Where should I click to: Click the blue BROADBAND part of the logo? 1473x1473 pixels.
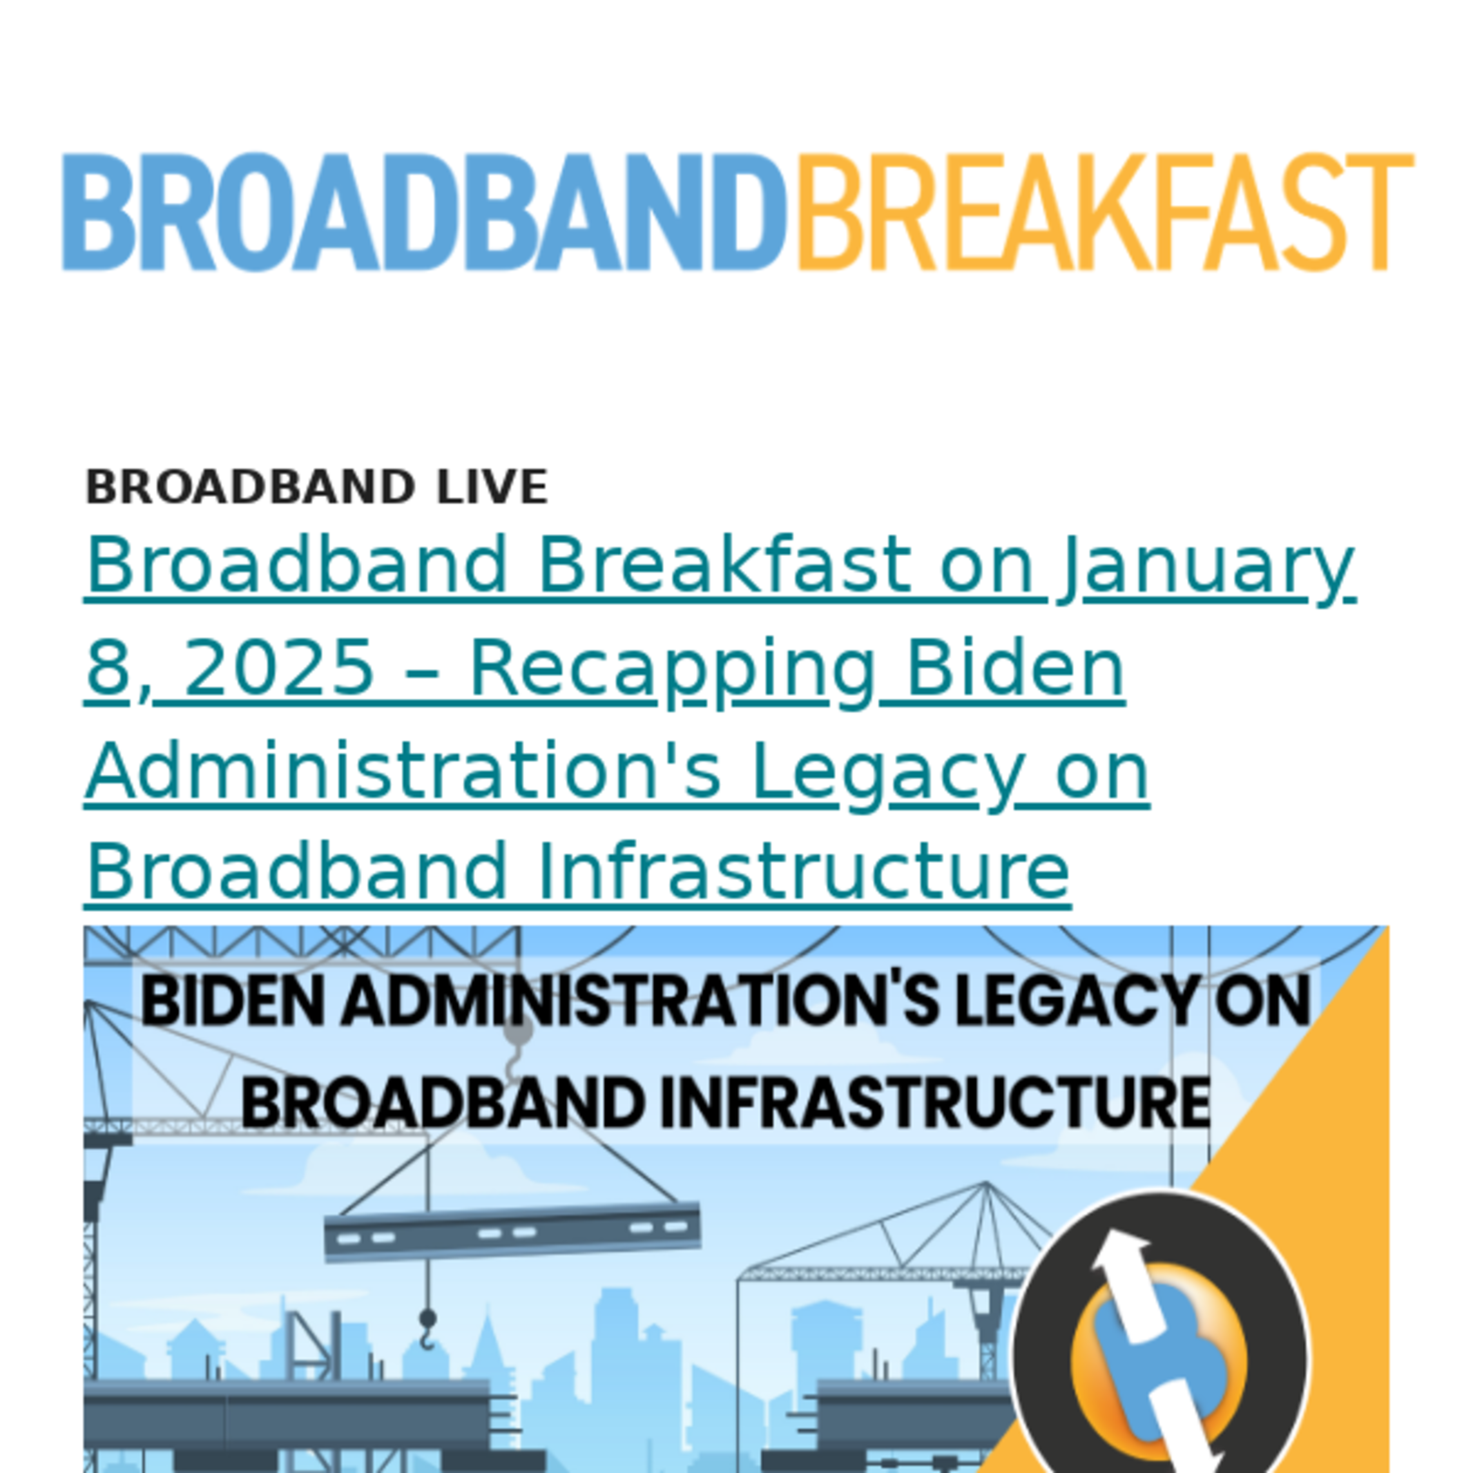click(424, 212)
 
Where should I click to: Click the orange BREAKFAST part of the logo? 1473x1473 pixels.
click(1106, 212)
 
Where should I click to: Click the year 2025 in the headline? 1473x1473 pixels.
click(279, 668)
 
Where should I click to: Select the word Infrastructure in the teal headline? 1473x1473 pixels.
click(804, 871)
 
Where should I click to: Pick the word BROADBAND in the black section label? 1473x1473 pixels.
click(250, 486)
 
